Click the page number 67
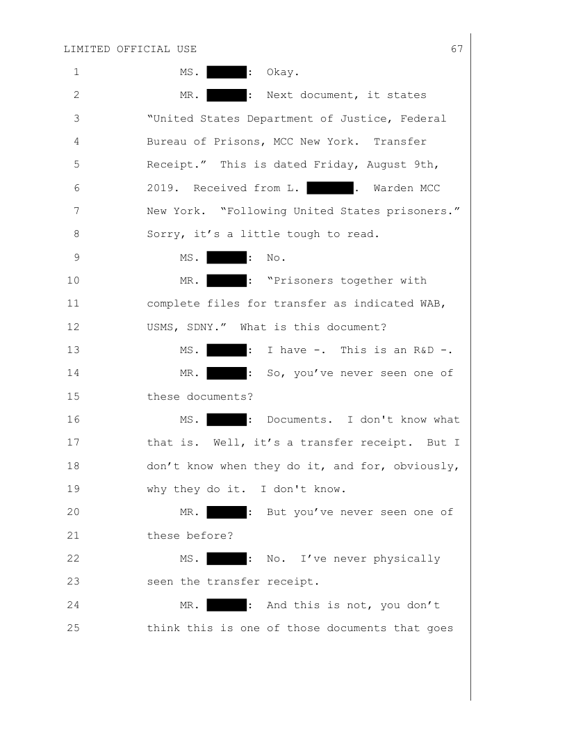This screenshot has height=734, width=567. tap(457, 49)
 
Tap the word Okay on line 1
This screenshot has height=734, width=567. tap(281, 71)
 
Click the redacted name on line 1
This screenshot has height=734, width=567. tap(227, 71)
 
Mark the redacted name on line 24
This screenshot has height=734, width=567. tap(227, 606)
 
